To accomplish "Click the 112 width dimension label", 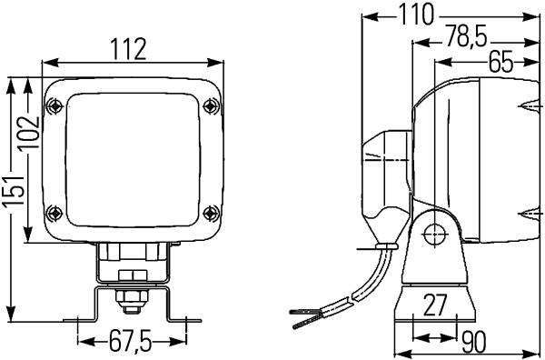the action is (129, 49).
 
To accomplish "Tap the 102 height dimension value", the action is (29, 133).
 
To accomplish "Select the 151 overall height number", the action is (14, 192).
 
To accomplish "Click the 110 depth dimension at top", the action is (416, 15).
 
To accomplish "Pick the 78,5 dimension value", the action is (467, 36).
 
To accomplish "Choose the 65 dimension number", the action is (500, 63).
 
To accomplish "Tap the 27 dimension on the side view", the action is (434, 305).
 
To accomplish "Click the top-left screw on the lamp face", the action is (54, 105).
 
